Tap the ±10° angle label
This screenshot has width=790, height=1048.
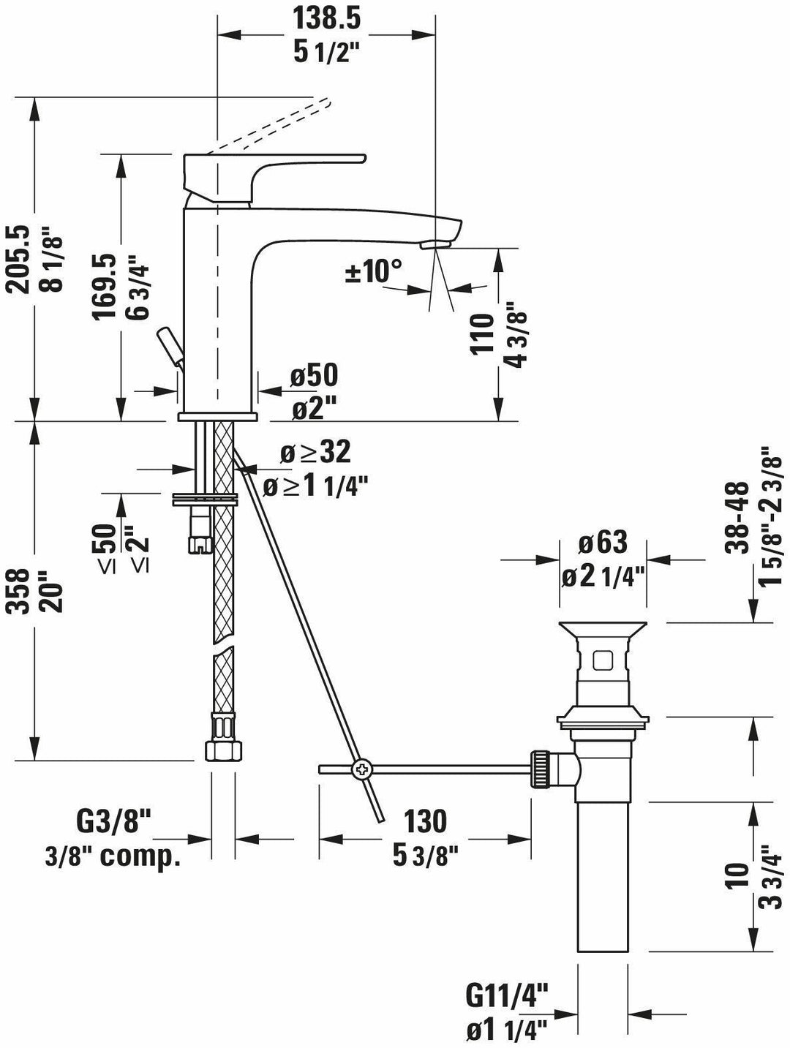pyautogui.click(x=374, y=271)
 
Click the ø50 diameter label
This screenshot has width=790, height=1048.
pyautogui.click(x=313, y=377)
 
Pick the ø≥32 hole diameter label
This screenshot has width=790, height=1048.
pyautogui.click(x=315, y=453)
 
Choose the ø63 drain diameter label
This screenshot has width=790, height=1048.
pyautogui.click(x=602, y=543)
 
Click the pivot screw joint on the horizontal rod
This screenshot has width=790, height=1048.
pyautogui.click(x=361, y=769)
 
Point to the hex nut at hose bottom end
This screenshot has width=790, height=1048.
pyautogui.click(x=222, y=750)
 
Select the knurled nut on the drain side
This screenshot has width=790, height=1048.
pyautogui.click(x=541, y=769)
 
